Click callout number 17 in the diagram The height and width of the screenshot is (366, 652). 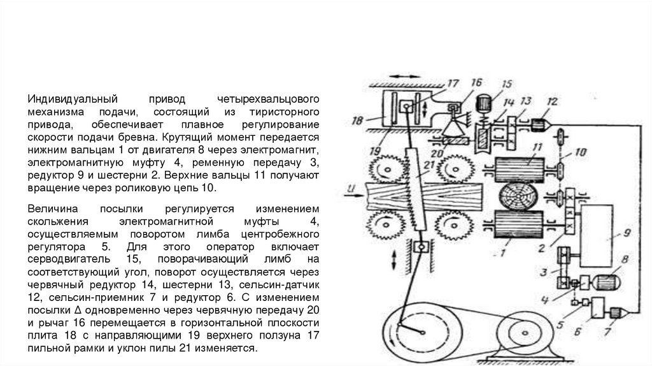pyautogui.click(x=453, y=82)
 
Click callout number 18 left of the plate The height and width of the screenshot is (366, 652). pyautogui.click(x=357, y=119)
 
